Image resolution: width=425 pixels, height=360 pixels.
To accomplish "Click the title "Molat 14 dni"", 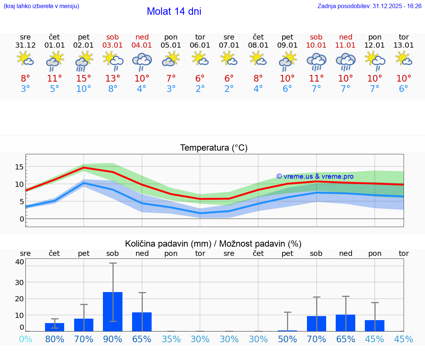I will pos(174,11).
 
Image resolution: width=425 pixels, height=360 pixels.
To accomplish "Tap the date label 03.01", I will pos(113,45).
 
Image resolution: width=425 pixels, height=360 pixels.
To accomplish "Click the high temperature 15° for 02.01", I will pos(84,79).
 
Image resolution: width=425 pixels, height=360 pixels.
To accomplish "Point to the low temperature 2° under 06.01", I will pos(200,89).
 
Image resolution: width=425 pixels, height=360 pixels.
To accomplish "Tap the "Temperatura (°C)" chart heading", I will pos(214,148).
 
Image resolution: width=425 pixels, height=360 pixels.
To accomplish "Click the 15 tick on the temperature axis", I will pos(19,167).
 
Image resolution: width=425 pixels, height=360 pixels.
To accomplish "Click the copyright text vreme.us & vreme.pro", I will pos(315,176).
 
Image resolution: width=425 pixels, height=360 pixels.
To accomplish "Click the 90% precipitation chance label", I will pos(113,339).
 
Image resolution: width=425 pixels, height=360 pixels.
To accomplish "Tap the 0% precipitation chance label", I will pos(25,339).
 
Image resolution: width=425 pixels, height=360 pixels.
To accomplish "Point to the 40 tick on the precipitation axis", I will pos(19,262).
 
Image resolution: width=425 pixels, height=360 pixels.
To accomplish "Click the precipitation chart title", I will pos(213,244).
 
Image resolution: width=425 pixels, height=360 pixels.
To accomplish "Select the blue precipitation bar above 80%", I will pos(55,327).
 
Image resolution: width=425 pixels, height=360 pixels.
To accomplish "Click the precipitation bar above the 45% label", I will pos(375,326).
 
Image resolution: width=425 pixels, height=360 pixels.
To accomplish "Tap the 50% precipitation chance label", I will pos(287,339).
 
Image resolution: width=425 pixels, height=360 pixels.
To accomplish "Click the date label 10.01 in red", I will pos(316,45).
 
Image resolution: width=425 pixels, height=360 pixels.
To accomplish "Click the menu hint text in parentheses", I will pos(41,6).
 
